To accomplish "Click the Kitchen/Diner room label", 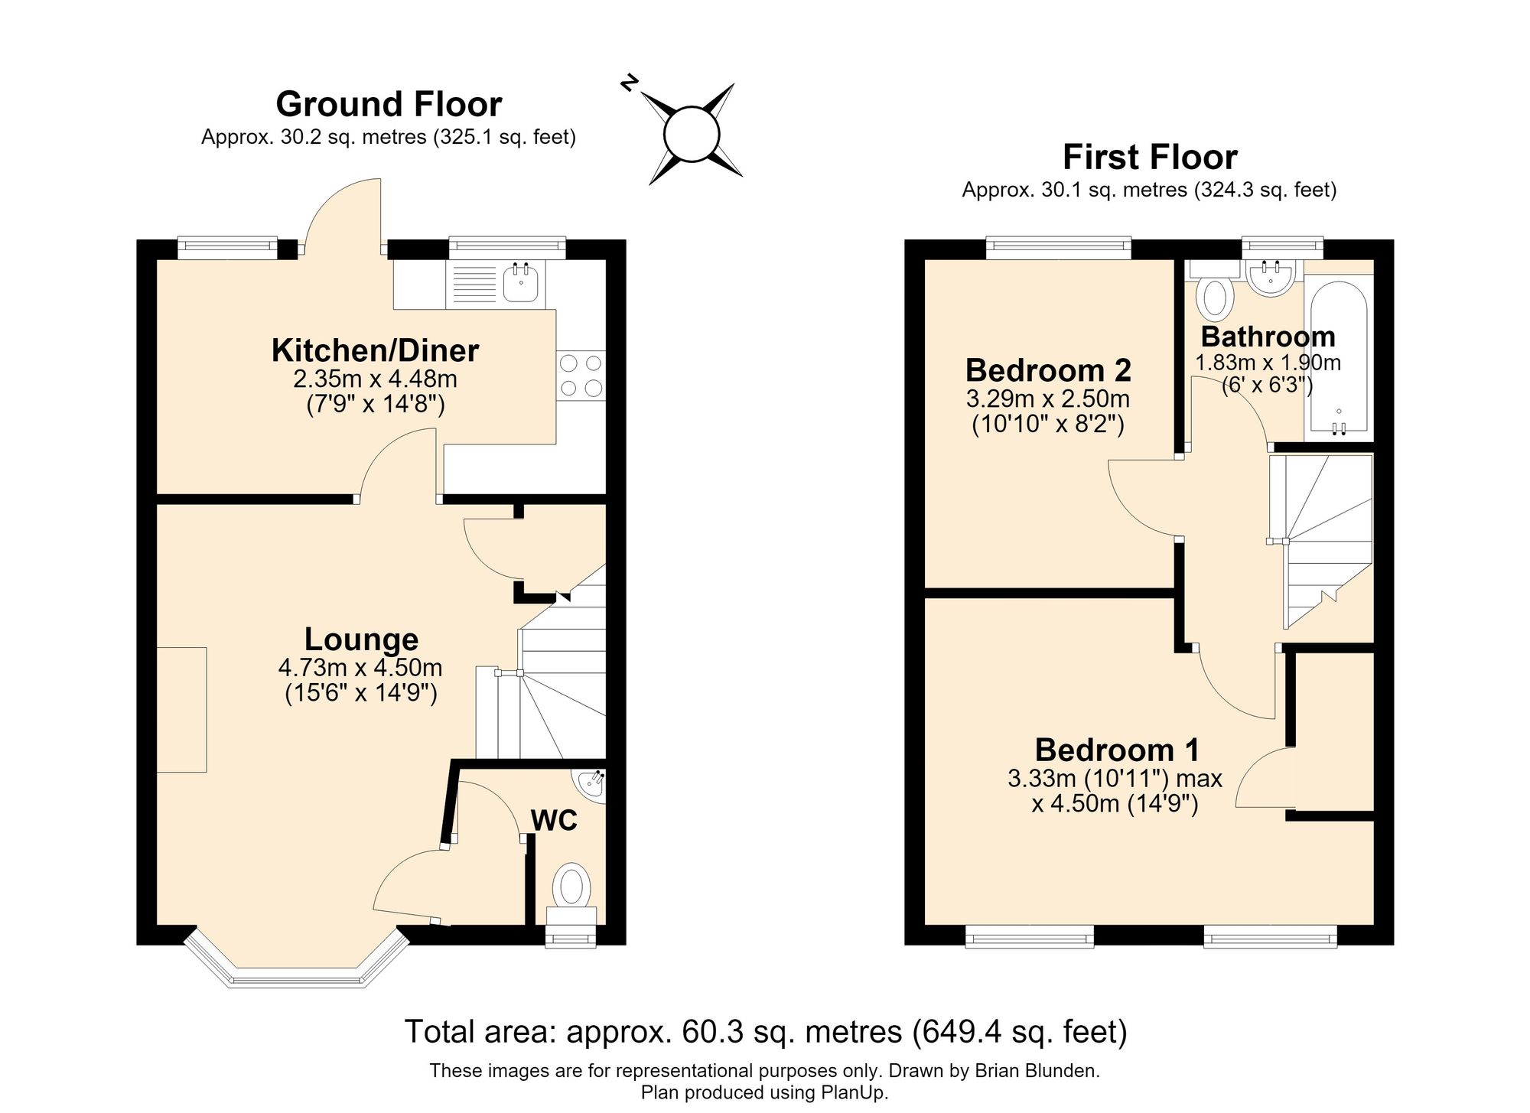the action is [x=375, y=350].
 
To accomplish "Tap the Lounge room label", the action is [x=361, y=639].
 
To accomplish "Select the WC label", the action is [x=554, y=821].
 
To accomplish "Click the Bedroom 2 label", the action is [x=1048, y=370].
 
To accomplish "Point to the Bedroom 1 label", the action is [x=1117, y=750].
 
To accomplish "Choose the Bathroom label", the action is [x=1268, y=337].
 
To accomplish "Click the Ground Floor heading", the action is [x=389, y=103].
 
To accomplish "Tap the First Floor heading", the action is [x=1150, y=157].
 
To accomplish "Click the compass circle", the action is [x=692, y=134].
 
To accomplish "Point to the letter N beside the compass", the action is [x=629, y=83].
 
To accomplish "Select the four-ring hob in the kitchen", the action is [x=581, y=376].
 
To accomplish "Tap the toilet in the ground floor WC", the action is [x=571, y=894].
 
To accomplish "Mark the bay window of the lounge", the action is [x=298, y=962].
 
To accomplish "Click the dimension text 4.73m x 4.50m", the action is [x=360, y=668].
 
